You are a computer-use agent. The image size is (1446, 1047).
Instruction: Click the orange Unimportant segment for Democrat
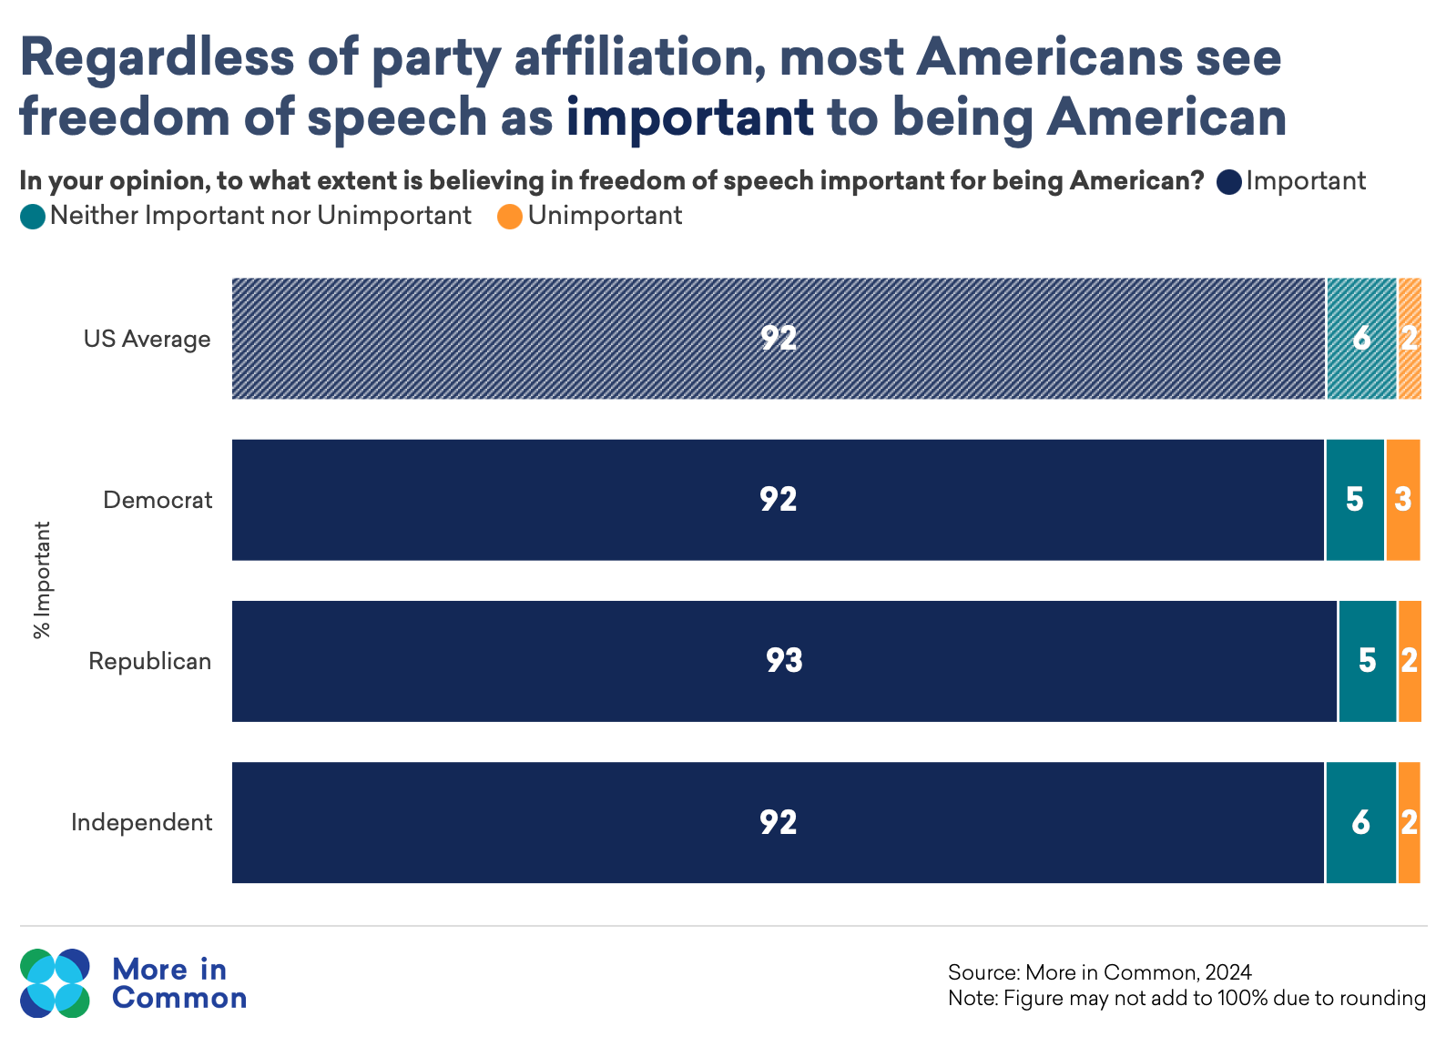1402,500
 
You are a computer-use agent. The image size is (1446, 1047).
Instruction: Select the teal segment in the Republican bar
1367,661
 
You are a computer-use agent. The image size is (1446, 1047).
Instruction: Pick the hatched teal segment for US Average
1360,339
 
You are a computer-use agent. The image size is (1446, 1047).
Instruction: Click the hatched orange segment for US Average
1409,339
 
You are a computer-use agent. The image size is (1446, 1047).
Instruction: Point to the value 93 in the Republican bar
784,660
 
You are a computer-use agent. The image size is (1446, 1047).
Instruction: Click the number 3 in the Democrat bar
1403,499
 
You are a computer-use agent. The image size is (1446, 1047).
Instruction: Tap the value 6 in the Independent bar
1360,822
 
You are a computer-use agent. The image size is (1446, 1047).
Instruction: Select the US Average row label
147,339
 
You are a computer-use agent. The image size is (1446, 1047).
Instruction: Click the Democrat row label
158,500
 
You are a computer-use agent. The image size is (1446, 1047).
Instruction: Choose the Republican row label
149,661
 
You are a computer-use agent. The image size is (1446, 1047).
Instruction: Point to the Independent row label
142,822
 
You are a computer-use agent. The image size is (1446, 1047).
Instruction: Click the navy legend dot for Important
1229,182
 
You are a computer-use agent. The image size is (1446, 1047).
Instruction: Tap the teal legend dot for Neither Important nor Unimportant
33,217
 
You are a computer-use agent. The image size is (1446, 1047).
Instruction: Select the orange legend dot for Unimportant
510,217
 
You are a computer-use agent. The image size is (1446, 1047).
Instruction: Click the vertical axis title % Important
42,580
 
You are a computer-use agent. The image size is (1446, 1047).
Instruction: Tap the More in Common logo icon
55,983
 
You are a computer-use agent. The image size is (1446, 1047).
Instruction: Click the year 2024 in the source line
1228,972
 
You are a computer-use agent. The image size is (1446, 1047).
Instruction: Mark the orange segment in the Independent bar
1409,822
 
